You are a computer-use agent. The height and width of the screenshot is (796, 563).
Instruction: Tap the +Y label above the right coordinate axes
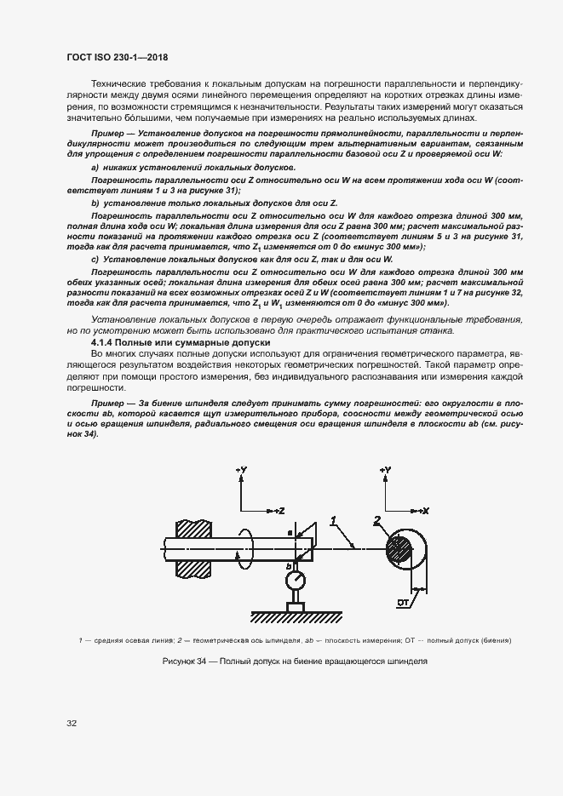click(386, 469)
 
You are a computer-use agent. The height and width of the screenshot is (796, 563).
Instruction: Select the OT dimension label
click(404, 603)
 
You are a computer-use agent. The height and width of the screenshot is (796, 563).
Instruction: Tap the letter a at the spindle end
click(290, 532)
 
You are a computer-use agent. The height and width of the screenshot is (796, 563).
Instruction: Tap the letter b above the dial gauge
click(289, 565)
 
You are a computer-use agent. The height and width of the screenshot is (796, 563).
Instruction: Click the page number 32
click(72, 724)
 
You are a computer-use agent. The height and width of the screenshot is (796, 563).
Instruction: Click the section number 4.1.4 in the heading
click(106, 341)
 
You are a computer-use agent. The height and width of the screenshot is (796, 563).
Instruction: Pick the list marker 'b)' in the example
click(95, 205)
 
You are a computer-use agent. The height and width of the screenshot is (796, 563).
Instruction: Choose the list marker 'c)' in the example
click(95, 258)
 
